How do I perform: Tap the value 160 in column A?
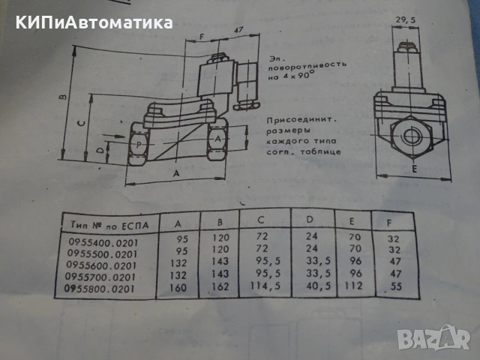pos(178,287)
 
